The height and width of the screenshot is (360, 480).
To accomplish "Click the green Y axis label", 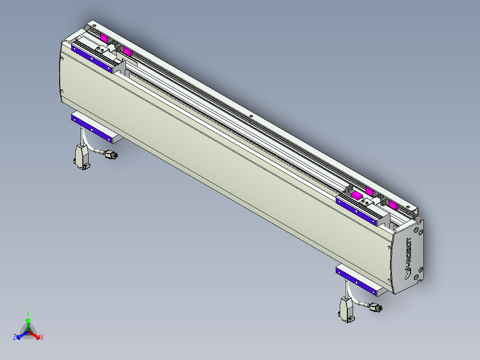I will [x=28, y=313].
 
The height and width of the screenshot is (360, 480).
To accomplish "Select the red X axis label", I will [x=42, y=338].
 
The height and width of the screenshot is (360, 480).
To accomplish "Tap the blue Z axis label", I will [x=15, y=338].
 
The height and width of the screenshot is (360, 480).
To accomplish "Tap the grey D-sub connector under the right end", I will [x=346, y=310].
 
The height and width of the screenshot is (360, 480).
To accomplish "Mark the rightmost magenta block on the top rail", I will [x=392, y=205].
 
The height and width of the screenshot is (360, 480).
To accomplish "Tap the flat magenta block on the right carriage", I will [x=357, y=195].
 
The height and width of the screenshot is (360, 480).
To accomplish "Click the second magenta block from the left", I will [x=128, y=52].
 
